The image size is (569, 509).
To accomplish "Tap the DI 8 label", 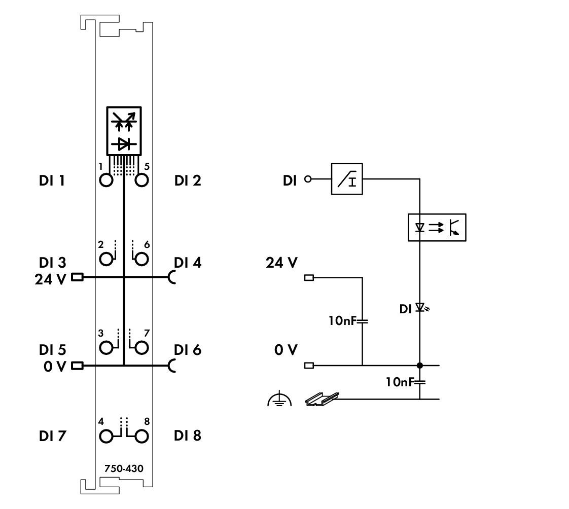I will [188, 435].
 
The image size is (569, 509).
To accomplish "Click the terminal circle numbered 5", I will [141, 180].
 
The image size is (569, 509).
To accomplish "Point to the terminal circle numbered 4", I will [106, 435].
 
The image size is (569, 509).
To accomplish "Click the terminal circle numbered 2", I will [106, 260].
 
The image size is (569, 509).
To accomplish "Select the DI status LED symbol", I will [420, 307].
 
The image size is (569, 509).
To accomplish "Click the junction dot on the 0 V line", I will [420, 365].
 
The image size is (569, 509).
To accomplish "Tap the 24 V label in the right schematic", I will [281, 264].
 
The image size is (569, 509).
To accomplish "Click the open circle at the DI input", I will [306, 179].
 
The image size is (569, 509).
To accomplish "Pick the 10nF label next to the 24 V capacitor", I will [345, 321].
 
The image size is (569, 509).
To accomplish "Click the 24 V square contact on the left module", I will [78, 277].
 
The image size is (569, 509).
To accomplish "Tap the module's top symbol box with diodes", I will [124, 131].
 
